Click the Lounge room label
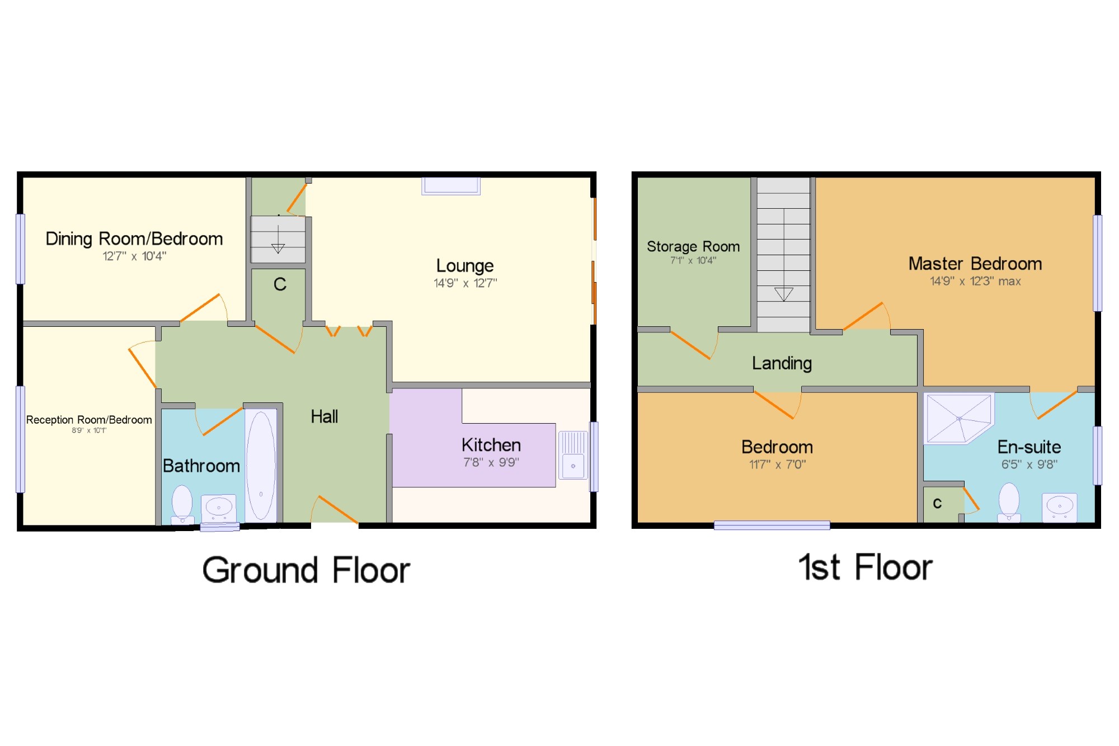click(465, 266)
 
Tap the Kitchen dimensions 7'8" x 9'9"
click(491, 462)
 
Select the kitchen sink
click(573, 455)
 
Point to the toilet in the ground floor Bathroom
click(182, 504)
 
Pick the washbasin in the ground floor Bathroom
click(218, 508)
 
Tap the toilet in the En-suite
click(1009, 502)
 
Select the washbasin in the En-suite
click(1060, 508)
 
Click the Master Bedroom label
click(975, 264)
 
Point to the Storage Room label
click(693, 246)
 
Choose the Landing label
click(782, 363)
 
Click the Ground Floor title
click(306, 570)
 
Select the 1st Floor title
click(866, 567)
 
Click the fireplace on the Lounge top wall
click(451, 186)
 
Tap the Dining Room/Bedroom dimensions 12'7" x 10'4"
click(134, 256)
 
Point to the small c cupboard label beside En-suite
click(937, 503)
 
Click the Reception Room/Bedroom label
click(89, 420)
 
